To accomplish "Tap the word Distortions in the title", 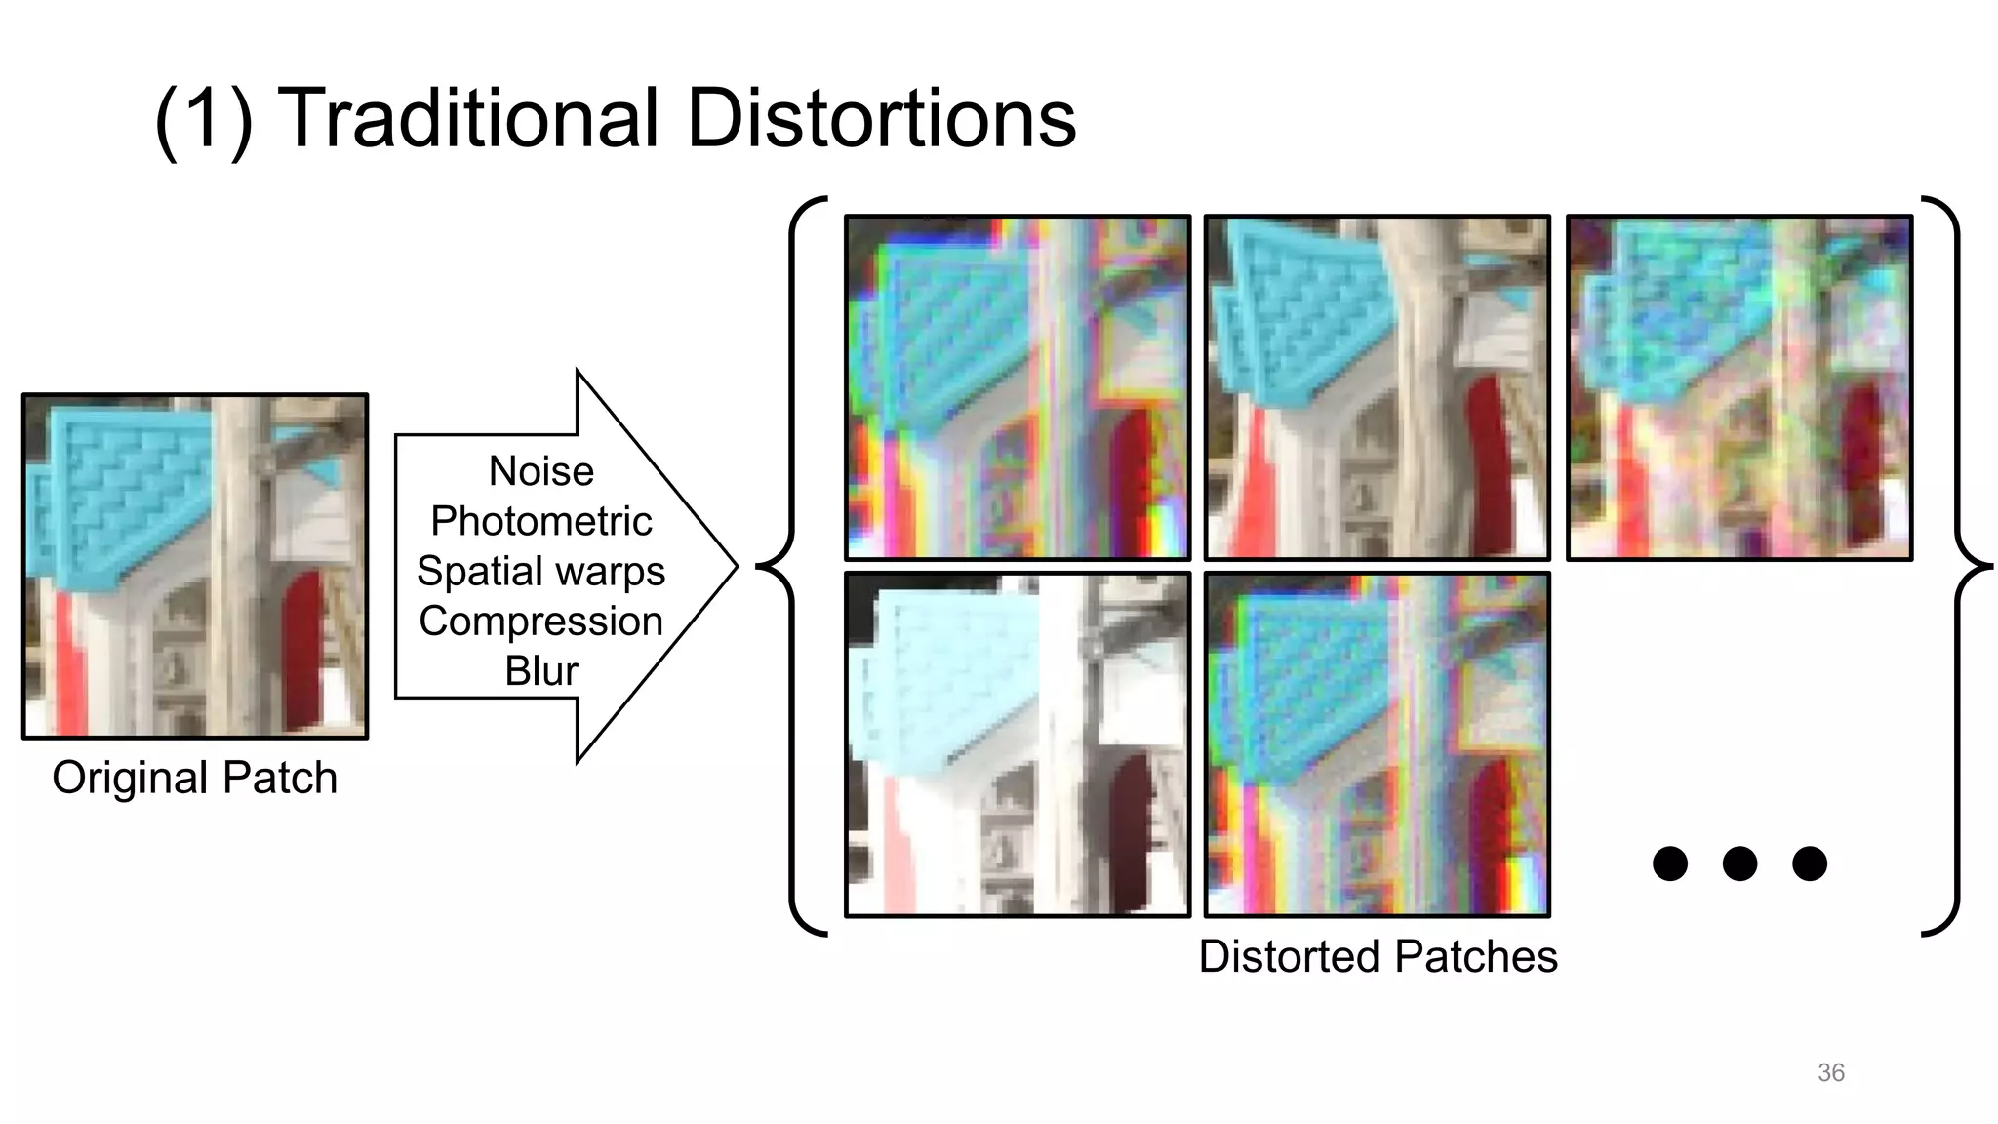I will point(881,118).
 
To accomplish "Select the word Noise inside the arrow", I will point(541,471).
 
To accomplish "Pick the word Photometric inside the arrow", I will point(541,521).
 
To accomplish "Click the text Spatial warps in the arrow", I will point(541,571).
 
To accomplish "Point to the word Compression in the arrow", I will point(541,621).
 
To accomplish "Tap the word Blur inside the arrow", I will point(541,671).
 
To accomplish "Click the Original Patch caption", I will point(195,778).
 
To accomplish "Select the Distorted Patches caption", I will point(1378,956).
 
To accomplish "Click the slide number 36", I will point(1831,1072).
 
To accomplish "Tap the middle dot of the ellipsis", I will point(1739,863).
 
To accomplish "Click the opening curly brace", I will point(792,566).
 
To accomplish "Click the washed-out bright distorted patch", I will point(1018,744).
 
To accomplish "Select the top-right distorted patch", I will point(1739,387).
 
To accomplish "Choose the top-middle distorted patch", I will point(1378,387).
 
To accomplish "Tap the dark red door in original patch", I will point(302,649).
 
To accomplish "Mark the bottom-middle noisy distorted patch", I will point(1378,744).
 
